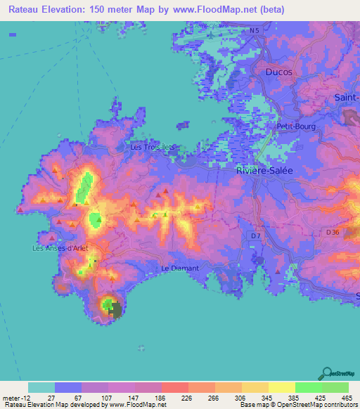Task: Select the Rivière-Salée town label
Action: coord(266,170)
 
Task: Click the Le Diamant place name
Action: coord(180,268)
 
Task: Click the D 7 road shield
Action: coord(255,236)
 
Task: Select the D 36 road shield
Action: coord(333,231)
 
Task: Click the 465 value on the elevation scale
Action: coord(345,397)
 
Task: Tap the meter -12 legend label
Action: coord(13,397)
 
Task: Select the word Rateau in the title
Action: coord(22,9)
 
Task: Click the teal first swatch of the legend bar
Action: coord(41,387)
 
